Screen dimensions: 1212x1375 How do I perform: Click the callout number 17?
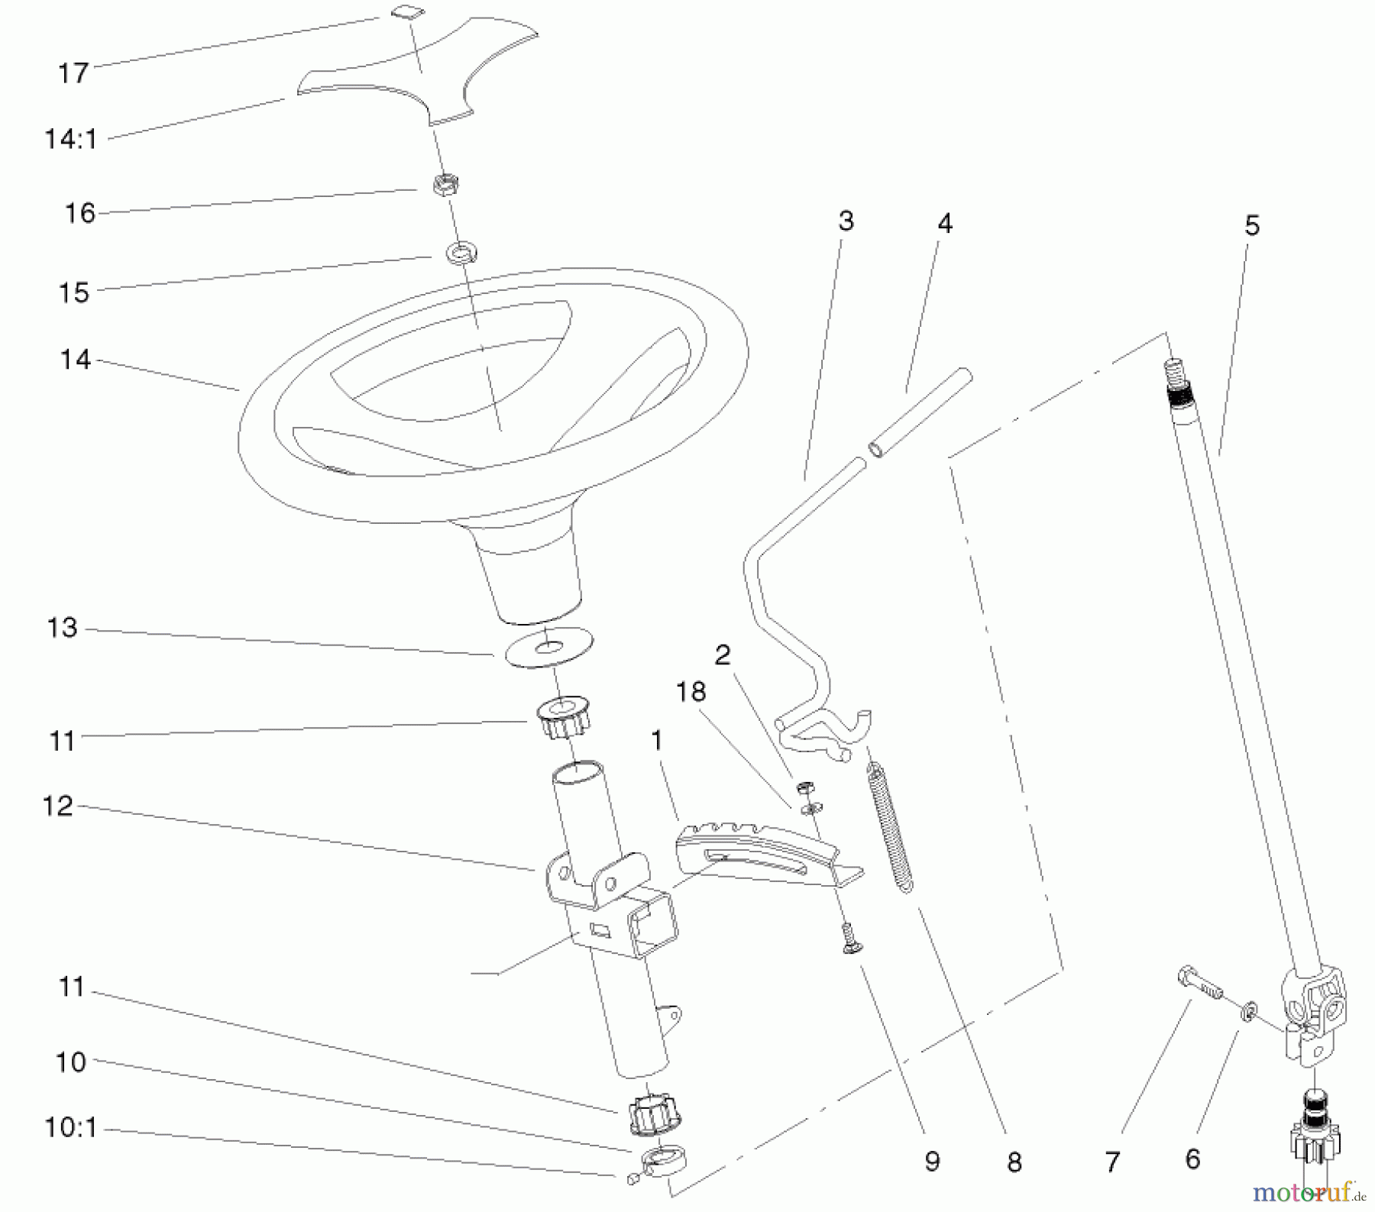(73, 73)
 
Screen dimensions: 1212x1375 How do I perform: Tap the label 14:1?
(71, 140)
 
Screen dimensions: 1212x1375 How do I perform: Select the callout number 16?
(79, 213)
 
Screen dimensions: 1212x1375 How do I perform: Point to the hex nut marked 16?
(442, 185)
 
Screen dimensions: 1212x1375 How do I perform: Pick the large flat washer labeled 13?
(549, 648)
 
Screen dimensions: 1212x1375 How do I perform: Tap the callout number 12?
(58, 806)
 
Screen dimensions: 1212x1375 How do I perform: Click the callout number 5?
(1252, 225)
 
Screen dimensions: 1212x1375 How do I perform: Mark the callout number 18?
(691, 692)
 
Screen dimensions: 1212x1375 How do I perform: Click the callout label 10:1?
(71, 1127)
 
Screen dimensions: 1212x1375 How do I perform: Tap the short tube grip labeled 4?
(920, 413)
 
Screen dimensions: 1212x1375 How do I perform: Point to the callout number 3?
(845, 221)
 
